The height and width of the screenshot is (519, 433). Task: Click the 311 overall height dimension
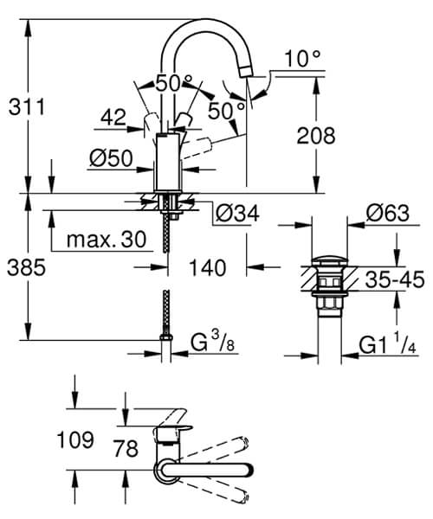point(27,107)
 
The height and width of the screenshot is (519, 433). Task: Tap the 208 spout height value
point(314,135)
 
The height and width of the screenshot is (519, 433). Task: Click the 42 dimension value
point(113,117)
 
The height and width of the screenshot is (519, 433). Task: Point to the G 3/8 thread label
point(212,343)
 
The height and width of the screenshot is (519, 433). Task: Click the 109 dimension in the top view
point(75,439)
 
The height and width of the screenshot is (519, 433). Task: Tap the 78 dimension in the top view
point(126,447)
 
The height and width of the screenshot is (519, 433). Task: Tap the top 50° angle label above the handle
point(174,83)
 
